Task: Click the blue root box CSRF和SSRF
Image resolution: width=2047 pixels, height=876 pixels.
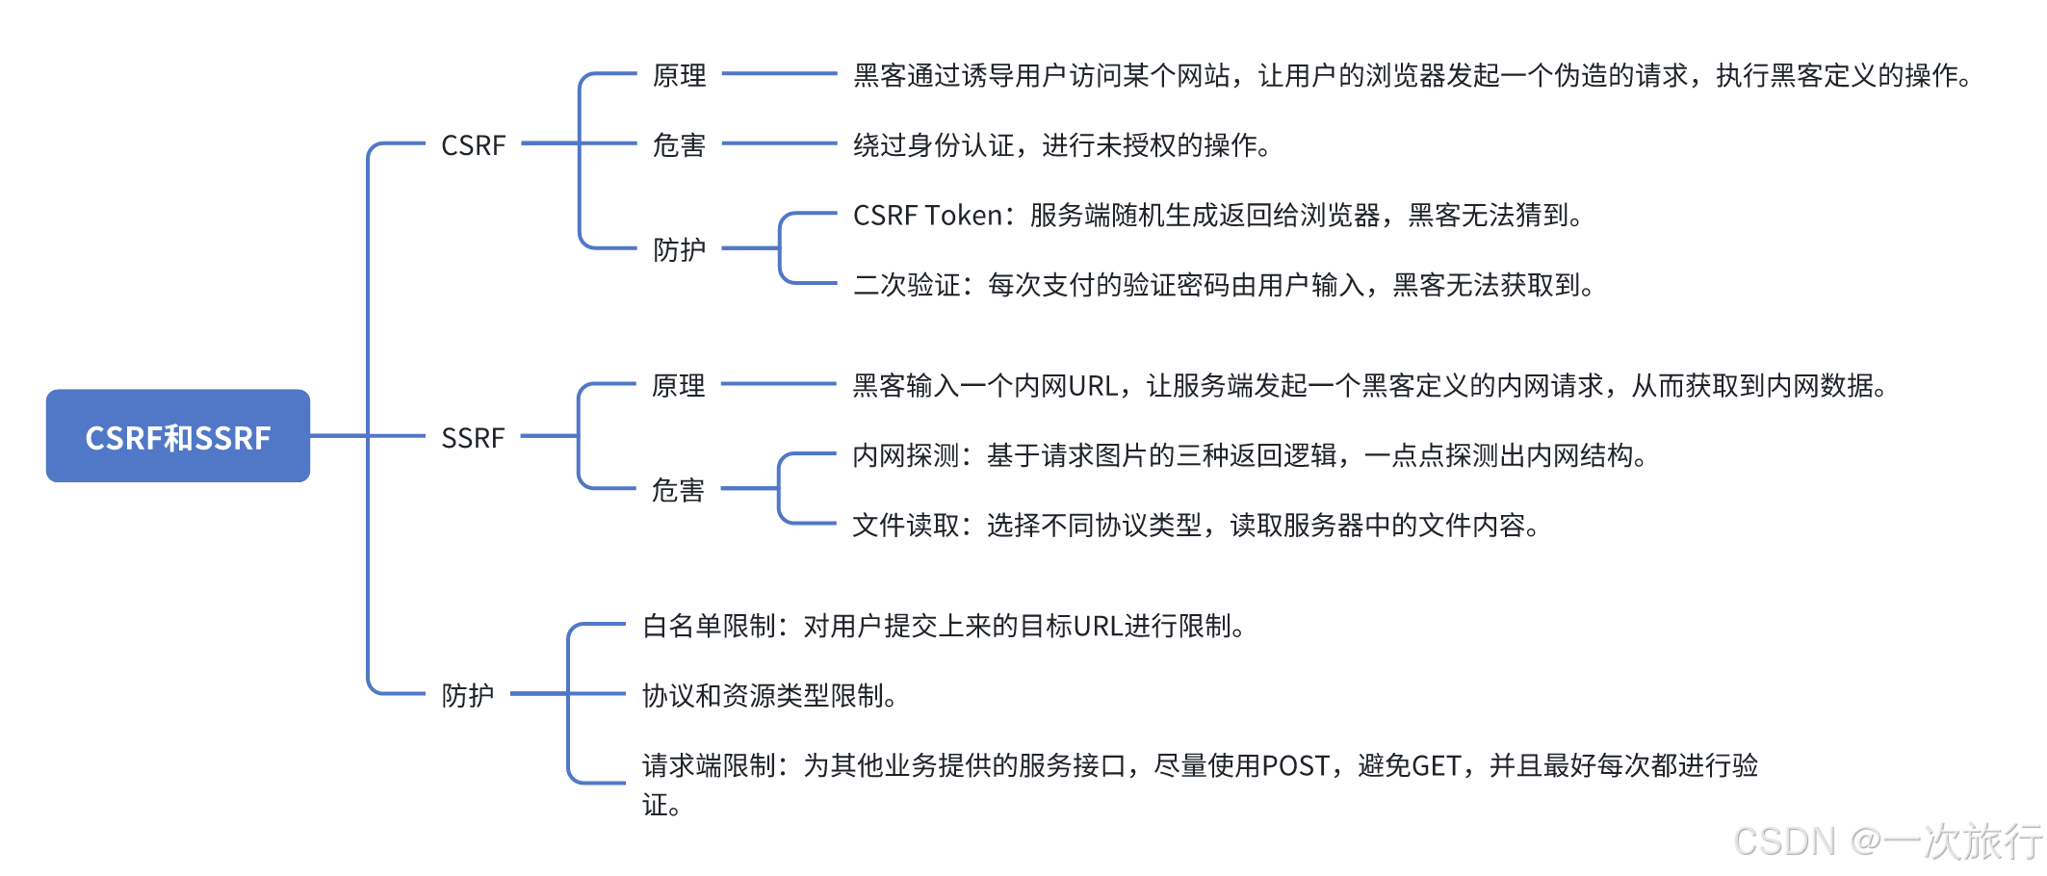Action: [x=178, y=436]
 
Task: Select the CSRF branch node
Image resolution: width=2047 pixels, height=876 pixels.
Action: [x=473, y=145]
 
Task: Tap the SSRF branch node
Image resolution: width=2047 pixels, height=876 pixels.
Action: [x=473, y=438]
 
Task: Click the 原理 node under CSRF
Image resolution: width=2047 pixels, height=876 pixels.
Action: [x=679, y=75]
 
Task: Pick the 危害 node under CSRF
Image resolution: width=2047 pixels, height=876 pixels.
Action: [x=679, y=145]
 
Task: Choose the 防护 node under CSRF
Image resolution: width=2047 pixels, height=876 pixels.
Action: [x=679, y=249]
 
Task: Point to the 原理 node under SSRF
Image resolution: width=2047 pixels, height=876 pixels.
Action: [x=678, y=385]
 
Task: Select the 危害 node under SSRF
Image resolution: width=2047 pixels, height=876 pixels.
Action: [x=678, y=490]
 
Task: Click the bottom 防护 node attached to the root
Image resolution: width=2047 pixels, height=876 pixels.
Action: [x=467, y=694]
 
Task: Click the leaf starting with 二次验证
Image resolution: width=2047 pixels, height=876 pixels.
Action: [x=1223, y=285]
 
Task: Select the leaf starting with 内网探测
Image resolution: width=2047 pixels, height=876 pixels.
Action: [x=1249, y=455]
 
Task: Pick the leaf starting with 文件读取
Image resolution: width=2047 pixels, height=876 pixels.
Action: [x=1195, y=526]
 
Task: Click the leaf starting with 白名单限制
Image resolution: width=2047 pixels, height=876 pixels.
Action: [x=944, y=627]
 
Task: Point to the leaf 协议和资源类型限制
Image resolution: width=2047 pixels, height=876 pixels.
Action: [x=769, y=695]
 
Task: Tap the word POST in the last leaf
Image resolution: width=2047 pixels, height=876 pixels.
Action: [x=1296, y=766]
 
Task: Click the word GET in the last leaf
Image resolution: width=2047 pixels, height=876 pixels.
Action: [x=1437, y=766]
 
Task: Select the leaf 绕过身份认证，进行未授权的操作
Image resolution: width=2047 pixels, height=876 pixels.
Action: [x=1062, y=145]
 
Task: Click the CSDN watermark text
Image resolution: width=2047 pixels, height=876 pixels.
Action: [x=1886, y=841]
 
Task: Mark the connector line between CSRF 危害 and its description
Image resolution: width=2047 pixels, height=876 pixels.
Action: [x=779, y=143]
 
